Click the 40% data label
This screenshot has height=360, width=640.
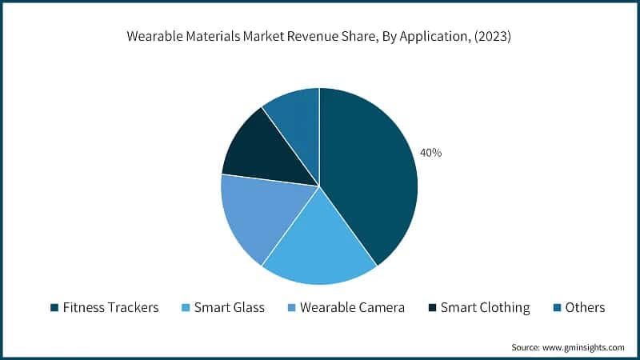point(430,152)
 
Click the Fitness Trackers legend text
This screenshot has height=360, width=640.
point(110,307)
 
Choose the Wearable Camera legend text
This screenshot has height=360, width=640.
point(352,307)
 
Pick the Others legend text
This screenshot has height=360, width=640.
point(585,307)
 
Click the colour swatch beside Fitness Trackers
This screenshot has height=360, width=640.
point(54,307)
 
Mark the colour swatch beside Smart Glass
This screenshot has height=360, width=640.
point(186,307)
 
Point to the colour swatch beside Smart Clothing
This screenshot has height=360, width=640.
point(433,307)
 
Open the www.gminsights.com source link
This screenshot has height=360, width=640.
point(583,347)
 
